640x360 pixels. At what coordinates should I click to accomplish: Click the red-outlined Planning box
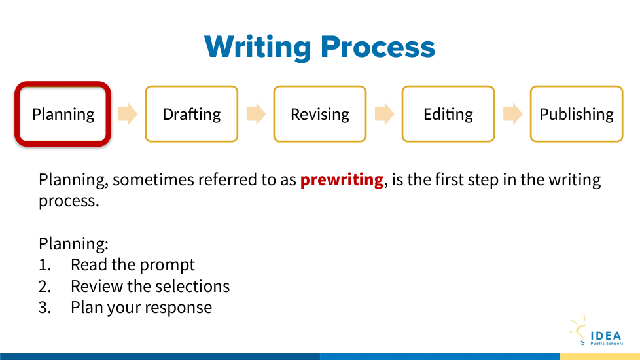tap(63, 114)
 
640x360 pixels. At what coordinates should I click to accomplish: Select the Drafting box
tap(192, 114)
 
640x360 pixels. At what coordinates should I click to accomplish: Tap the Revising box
tap(320, 114)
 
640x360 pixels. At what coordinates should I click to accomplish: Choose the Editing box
tap(448, 114)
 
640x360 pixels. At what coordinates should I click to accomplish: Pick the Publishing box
tap(577, 114)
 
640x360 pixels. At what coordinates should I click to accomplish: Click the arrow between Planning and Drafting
tap(128, 113)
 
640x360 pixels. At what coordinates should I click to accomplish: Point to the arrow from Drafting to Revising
tap(256, 113)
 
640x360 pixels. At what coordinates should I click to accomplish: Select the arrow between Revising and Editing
tap(384, 113)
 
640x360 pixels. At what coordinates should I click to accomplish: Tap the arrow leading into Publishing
tap(512, 113)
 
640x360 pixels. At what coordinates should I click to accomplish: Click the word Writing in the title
tap(258, 47)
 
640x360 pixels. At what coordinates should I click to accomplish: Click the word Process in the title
tap(378, 46)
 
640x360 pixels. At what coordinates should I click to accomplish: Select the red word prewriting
tap(342, 180)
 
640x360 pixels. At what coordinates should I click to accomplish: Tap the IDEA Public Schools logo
tap(596, 331)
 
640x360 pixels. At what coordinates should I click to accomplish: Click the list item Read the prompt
tap(133, 265)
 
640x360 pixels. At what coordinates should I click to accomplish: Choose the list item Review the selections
tap(151, 286)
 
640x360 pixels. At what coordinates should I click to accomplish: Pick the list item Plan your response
tap(141, 308)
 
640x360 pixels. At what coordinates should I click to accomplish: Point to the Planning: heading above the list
tap(73, 243)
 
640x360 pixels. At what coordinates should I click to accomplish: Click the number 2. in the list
tap(45, 287)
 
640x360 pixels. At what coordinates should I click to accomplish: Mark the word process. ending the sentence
tap(69, 201)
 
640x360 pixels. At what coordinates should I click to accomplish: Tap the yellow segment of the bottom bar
tap(600, 357)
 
